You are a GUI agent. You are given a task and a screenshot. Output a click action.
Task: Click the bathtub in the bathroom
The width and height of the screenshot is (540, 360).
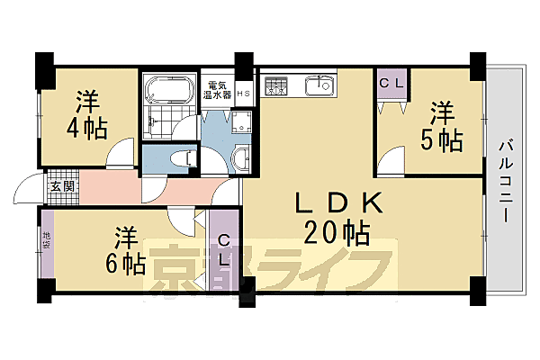click(167, 91)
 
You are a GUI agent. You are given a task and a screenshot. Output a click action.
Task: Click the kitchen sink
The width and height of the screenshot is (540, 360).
click(319, 86)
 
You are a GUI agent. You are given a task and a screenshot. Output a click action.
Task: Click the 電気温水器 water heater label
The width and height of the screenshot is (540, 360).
click(217, 88)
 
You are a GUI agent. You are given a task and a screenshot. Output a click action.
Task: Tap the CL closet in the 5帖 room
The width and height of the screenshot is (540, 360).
click(391, 84)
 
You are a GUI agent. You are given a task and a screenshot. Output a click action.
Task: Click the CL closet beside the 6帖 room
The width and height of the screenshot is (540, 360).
click(225, 249)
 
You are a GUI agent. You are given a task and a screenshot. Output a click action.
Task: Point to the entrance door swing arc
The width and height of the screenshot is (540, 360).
click(26, 193)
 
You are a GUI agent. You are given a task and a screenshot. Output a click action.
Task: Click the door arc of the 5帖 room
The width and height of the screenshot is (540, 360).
click(390, 162)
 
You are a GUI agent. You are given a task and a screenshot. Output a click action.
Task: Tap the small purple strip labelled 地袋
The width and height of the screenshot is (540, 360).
click(46, 240)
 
